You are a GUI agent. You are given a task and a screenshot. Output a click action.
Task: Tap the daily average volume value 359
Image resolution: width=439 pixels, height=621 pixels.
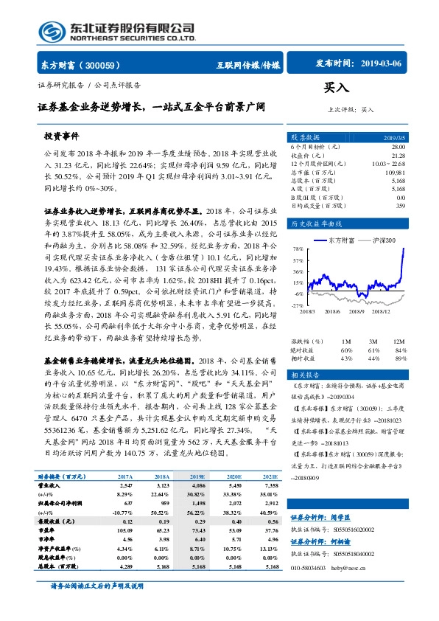tap(400, 206)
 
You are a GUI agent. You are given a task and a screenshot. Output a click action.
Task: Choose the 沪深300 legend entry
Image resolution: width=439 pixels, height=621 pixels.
tap(382, 240)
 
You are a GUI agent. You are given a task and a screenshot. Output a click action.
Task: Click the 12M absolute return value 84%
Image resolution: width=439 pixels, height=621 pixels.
tap(400, 350)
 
